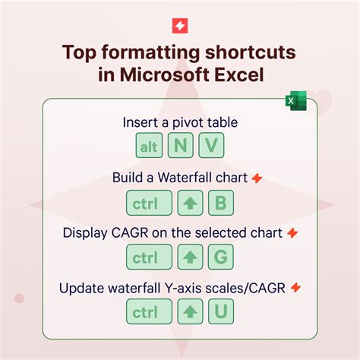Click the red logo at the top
[180, 25]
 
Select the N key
[180, 147]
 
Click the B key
[220, 203]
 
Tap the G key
[220, 257]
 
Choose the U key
[220, 311]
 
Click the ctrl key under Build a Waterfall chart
[149, 203]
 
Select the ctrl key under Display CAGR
[149, 257]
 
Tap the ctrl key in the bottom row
[149, 311]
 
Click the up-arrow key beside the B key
[190, 203]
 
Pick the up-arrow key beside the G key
[190, 257]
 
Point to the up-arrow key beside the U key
[190, 311]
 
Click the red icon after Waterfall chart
[257, 178]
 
